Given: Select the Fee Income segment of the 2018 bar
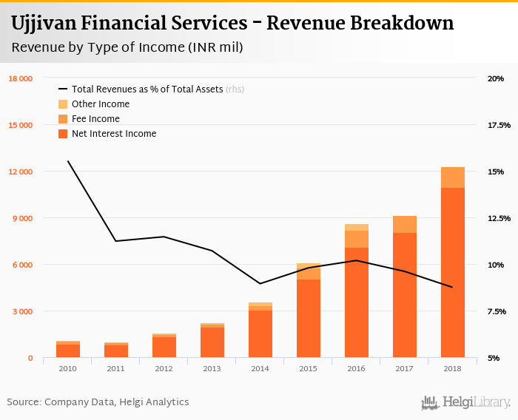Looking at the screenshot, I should tap(452, 177).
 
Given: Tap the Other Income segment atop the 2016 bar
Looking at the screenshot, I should tap(356, 227).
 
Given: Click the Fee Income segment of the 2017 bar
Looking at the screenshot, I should tap(404, 224).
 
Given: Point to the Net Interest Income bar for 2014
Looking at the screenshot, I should tap(260, 333).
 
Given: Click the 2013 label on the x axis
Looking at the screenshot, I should tap(212, 368).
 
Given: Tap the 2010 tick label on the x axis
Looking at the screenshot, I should tap(67, 368).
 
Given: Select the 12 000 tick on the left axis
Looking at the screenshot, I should tap(20, 172).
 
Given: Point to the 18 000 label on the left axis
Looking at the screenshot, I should tap(20, 78).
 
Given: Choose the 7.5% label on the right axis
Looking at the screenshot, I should tap(497, 311).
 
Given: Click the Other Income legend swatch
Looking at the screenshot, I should tap(63, 104).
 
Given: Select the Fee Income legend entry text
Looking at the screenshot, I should tap(95, 119).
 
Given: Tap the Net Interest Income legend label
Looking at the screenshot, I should tap(114, 134).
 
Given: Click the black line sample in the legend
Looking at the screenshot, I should tap(63, 89).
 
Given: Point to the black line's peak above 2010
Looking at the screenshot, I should tap(68, 161).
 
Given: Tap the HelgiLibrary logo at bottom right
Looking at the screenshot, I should tap(465, 402).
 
